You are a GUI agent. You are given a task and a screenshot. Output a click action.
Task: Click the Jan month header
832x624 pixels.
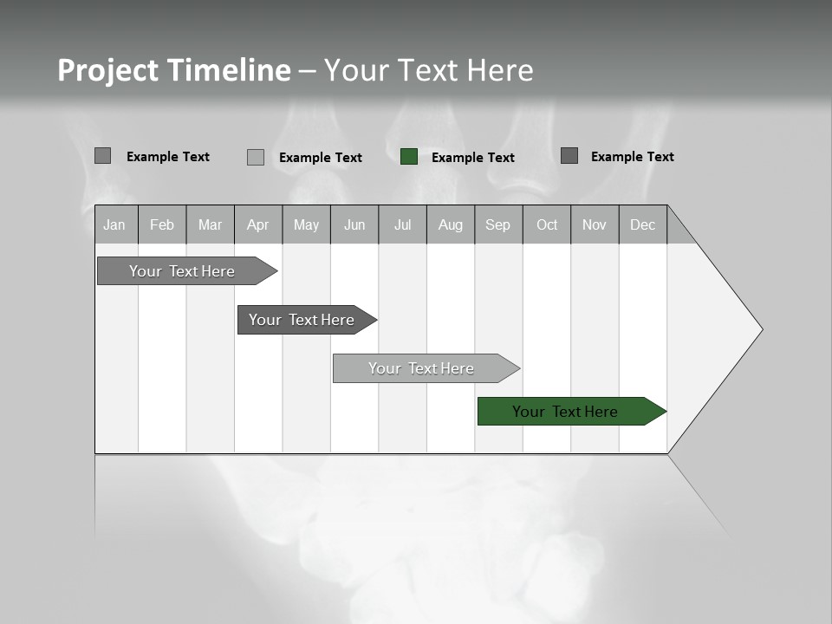pos(115,224)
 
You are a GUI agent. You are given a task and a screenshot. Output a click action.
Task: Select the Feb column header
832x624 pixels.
pos(162,224)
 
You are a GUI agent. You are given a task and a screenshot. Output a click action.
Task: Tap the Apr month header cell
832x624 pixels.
pos(257,224)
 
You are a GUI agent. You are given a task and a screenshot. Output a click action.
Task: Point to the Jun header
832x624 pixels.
pos(354,224)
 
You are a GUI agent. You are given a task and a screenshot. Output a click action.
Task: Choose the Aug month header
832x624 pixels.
pos(451,224)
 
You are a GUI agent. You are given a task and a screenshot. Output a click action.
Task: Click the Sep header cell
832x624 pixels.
pos(498,224)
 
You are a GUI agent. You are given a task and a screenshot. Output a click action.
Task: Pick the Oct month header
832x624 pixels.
pos(547,224)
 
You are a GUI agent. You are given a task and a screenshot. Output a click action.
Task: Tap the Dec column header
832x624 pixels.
pos(643,224)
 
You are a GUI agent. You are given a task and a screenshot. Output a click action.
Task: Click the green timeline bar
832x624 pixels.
pos(565,412)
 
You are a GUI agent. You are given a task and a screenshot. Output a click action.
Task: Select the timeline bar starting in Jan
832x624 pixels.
pos(182,271)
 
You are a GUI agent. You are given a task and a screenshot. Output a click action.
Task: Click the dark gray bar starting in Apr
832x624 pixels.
pos(302,320)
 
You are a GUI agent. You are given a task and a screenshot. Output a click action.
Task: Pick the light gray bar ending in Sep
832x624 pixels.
pos(421,368)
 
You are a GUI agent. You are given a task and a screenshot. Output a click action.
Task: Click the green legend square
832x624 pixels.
pos(409,157)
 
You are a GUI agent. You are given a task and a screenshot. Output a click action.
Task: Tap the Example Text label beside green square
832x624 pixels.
pos(473,158)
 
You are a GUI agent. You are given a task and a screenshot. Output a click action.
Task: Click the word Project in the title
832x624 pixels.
pos(107,70)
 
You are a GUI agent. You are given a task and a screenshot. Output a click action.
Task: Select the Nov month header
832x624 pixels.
pos(595,224)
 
